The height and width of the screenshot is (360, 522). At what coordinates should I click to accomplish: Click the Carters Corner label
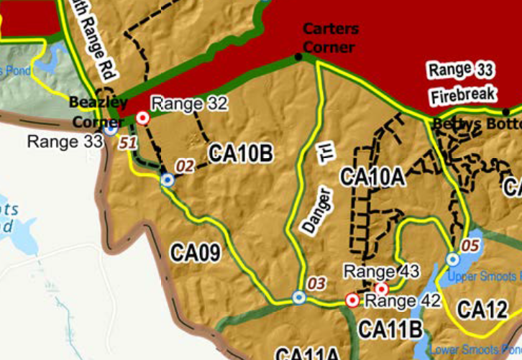(329, 38)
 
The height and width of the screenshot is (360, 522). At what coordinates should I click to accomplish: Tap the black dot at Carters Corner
(298, 57)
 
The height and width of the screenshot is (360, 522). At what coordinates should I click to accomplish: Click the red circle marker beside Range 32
(142, 118)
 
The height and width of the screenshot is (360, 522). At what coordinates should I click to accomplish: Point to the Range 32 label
(189, 104)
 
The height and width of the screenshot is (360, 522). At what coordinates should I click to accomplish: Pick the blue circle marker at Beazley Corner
(110, 130)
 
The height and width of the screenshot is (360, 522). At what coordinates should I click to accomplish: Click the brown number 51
(129, 142)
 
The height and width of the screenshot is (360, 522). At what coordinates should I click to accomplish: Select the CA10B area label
(240, 153)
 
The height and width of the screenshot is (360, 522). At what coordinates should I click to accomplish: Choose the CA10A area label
(372, 176)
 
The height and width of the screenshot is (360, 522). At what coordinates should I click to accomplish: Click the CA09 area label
(195, 252)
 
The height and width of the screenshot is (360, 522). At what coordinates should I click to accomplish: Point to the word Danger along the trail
(316, 210)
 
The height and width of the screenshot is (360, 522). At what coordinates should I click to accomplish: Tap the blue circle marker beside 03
(299, 297)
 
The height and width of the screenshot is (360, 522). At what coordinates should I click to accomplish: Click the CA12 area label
(482, 310)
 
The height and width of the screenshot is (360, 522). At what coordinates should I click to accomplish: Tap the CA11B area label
(389, 328)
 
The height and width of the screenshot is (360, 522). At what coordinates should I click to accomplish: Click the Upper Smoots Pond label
(482, 277)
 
